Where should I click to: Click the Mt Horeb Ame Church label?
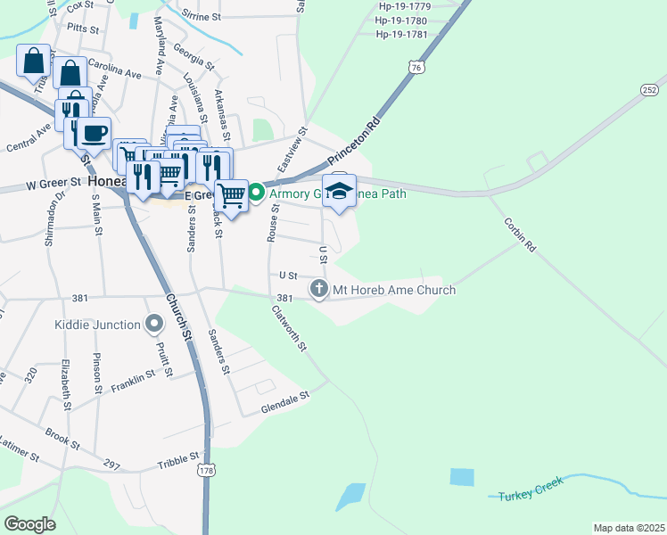click(393, 290)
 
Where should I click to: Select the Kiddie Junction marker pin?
click(153, 324)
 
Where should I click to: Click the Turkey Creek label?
click(531, 493)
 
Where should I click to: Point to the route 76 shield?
click(416, 67)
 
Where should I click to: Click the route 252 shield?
click(649, 90)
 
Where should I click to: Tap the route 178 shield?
click(207, 469)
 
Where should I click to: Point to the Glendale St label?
click(284, 401)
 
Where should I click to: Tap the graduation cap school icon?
click(339, 190)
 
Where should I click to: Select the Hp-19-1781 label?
click(401, 35)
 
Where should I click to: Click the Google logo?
click(29, 524)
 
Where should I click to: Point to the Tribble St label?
click(179, 461)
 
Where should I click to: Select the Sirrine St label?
click(201, 16)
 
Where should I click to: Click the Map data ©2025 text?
click(629, 528)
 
